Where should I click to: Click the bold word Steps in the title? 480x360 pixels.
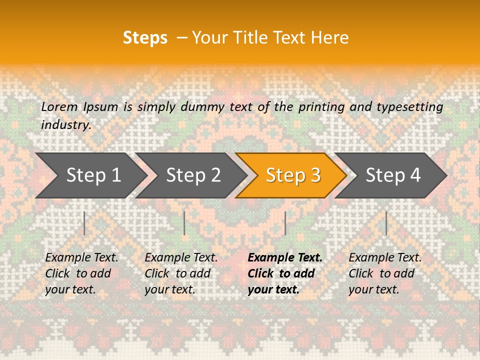(145, 38)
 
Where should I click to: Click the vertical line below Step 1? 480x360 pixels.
(84, 223)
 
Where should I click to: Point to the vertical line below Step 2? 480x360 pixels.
(184, 223)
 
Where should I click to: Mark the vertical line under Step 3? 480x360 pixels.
(285, 223)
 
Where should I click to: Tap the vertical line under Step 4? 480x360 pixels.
(386, 223)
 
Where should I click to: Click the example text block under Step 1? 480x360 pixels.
(81, 273)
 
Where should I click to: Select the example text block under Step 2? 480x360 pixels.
(181, 273)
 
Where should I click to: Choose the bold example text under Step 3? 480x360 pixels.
(285, 273)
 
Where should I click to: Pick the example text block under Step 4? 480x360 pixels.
(385, 273)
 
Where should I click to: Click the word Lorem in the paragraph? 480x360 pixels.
(59, 106)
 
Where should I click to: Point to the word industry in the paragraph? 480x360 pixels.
(66, 125)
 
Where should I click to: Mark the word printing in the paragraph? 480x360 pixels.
(321, 107)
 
